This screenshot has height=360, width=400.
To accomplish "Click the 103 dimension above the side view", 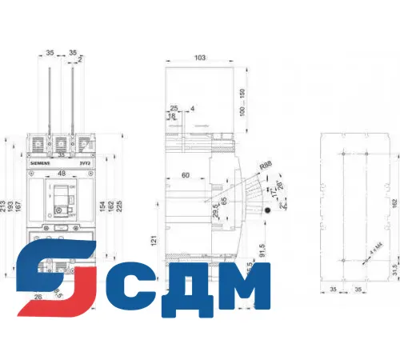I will [200, 58].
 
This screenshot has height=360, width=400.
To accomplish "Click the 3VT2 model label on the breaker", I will [85, 162].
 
